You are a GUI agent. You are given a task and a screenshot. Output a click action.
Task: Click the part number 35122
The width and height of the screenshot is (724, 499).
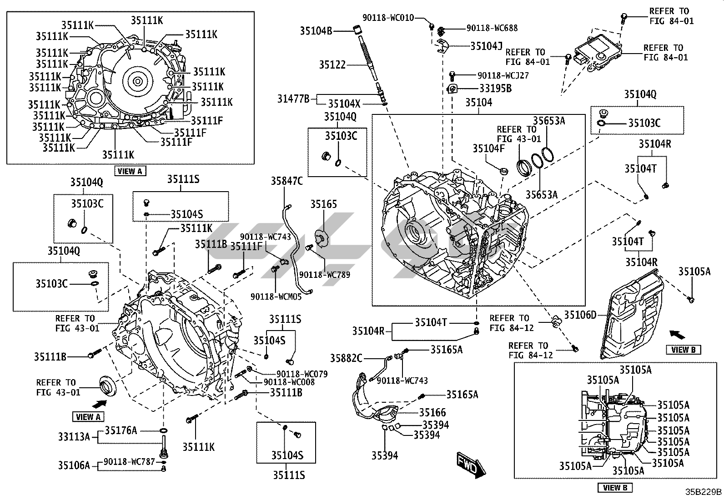click(332, 65)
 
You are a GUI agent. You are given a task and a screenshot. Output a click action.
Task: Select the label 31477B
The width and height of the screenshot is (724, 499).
click(293, 99)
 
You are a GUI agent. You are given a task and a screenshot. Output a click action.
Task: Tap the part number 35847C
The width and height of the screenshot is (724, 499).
click(287, 181)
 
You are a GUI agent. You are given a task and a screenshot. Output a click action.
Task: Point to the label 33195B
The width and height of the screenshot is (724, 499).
click(495, 89)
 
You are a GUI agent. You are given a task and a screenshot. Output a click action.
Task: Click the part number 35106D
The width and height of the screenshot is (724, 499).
click(580, 314)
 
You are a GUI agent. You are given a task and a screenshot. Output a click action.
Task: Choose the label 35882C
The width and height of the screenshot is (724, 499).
click(346, 358)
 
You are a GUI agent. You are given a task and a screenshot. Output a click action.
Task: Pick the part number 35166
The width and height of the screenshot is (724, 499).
click(432, 412)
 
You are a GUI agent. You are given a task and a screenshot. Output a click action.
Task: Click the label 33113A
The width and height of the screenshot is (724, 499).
click(74, 437)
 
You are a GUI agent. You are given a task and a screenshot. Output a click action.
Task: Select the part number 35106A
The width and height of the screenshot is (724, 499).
click(74, 465)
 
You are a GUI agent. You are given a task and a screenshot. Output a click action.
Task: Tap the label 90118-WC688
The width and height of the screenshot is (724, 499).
click(492, 28)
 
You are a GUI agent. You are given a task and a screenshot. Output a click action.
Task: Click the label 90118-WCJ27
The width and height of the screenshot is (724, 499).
click(503, 75)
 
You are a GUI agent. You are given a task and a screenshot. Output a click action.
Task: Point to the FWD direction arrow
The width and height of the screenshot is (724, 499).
click(471, 465)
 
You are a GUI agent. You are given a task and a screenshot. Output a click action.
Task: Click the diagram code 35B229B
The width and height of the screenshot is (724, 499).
click(704, 492)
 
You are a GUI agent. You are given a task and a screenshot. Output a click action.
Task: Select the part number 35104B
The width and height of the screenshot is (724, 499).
click(316, 31)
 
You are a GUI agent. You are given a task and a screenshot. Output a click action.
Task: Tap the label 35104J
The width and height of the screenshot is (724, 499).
click(486, 46)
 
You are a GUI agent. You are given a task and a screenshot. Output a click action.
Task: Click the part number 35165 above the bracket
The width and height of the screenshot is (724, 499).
click(324, 204)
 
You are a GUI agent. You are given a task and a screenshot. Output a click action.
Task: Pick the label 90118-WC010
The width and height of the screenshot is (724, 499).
click(388, 18)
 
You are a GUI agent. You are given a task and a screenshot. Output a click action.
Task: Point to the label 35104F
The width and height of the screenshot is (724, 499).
click(488, 148)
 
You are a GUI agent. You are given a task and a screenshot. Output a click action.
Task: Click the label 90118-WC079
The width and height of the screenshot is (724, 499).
click(296, 374)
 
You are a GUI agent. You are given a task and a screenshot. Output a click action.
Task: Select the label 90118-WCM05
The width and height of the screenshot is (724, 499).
click(276, 296)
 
